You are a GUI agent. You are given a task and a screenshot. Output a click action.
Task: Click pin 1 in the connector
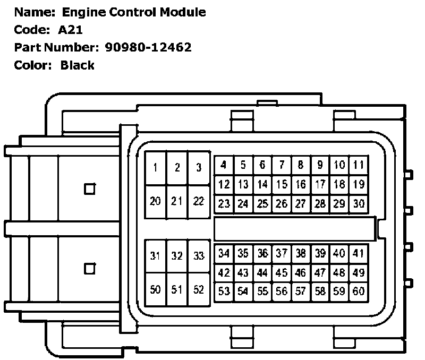tap(155, 168)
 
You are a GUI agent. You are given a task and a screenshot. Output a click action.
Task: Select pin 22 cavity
tap(199, 201)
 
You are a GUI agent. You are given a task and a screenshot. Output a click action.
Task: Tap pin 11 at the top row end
tap(359, 165)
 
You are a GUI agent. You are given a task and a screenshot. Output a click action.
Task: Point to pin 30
tap(359, 203)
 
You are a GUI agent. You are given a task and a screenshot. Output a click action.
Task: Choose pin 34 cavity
tap(224, 253)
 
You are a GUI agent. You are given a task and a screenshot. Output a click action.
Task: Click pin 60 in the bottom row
tap(359, 291)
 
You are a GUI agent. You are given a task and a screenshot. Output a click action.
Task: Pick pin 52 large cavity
tap(199, 290)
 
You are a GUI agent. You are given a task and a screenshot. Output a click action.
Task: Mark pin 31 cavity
tap(155, 256)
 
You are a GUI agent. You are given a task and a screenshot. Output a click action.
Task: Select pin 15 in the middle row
tap(282, 184)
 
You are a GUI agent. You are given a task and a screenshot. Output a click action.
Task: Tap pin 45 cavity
tap(282, 272)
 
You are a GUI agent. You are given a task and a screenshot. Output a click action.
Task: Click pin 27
tap(301, 203)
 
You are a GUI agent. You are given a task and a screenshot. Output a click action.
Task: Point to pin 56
tap(282, 291)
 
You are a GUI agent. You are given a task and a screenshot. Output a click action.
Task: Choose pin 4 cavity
tap(224, 165)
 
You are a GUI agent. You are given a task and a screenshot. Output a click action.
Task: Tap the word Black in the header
tap(78, 65)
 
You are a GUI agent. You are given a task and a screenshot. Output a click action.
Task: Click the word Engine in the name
tap(81, 12)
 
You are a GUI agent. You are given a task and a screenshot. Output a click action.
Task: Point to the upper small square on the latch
tap(90, 188)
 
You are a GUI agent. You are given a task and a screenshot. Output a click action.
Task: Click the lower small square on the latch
tap(90, 269)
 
